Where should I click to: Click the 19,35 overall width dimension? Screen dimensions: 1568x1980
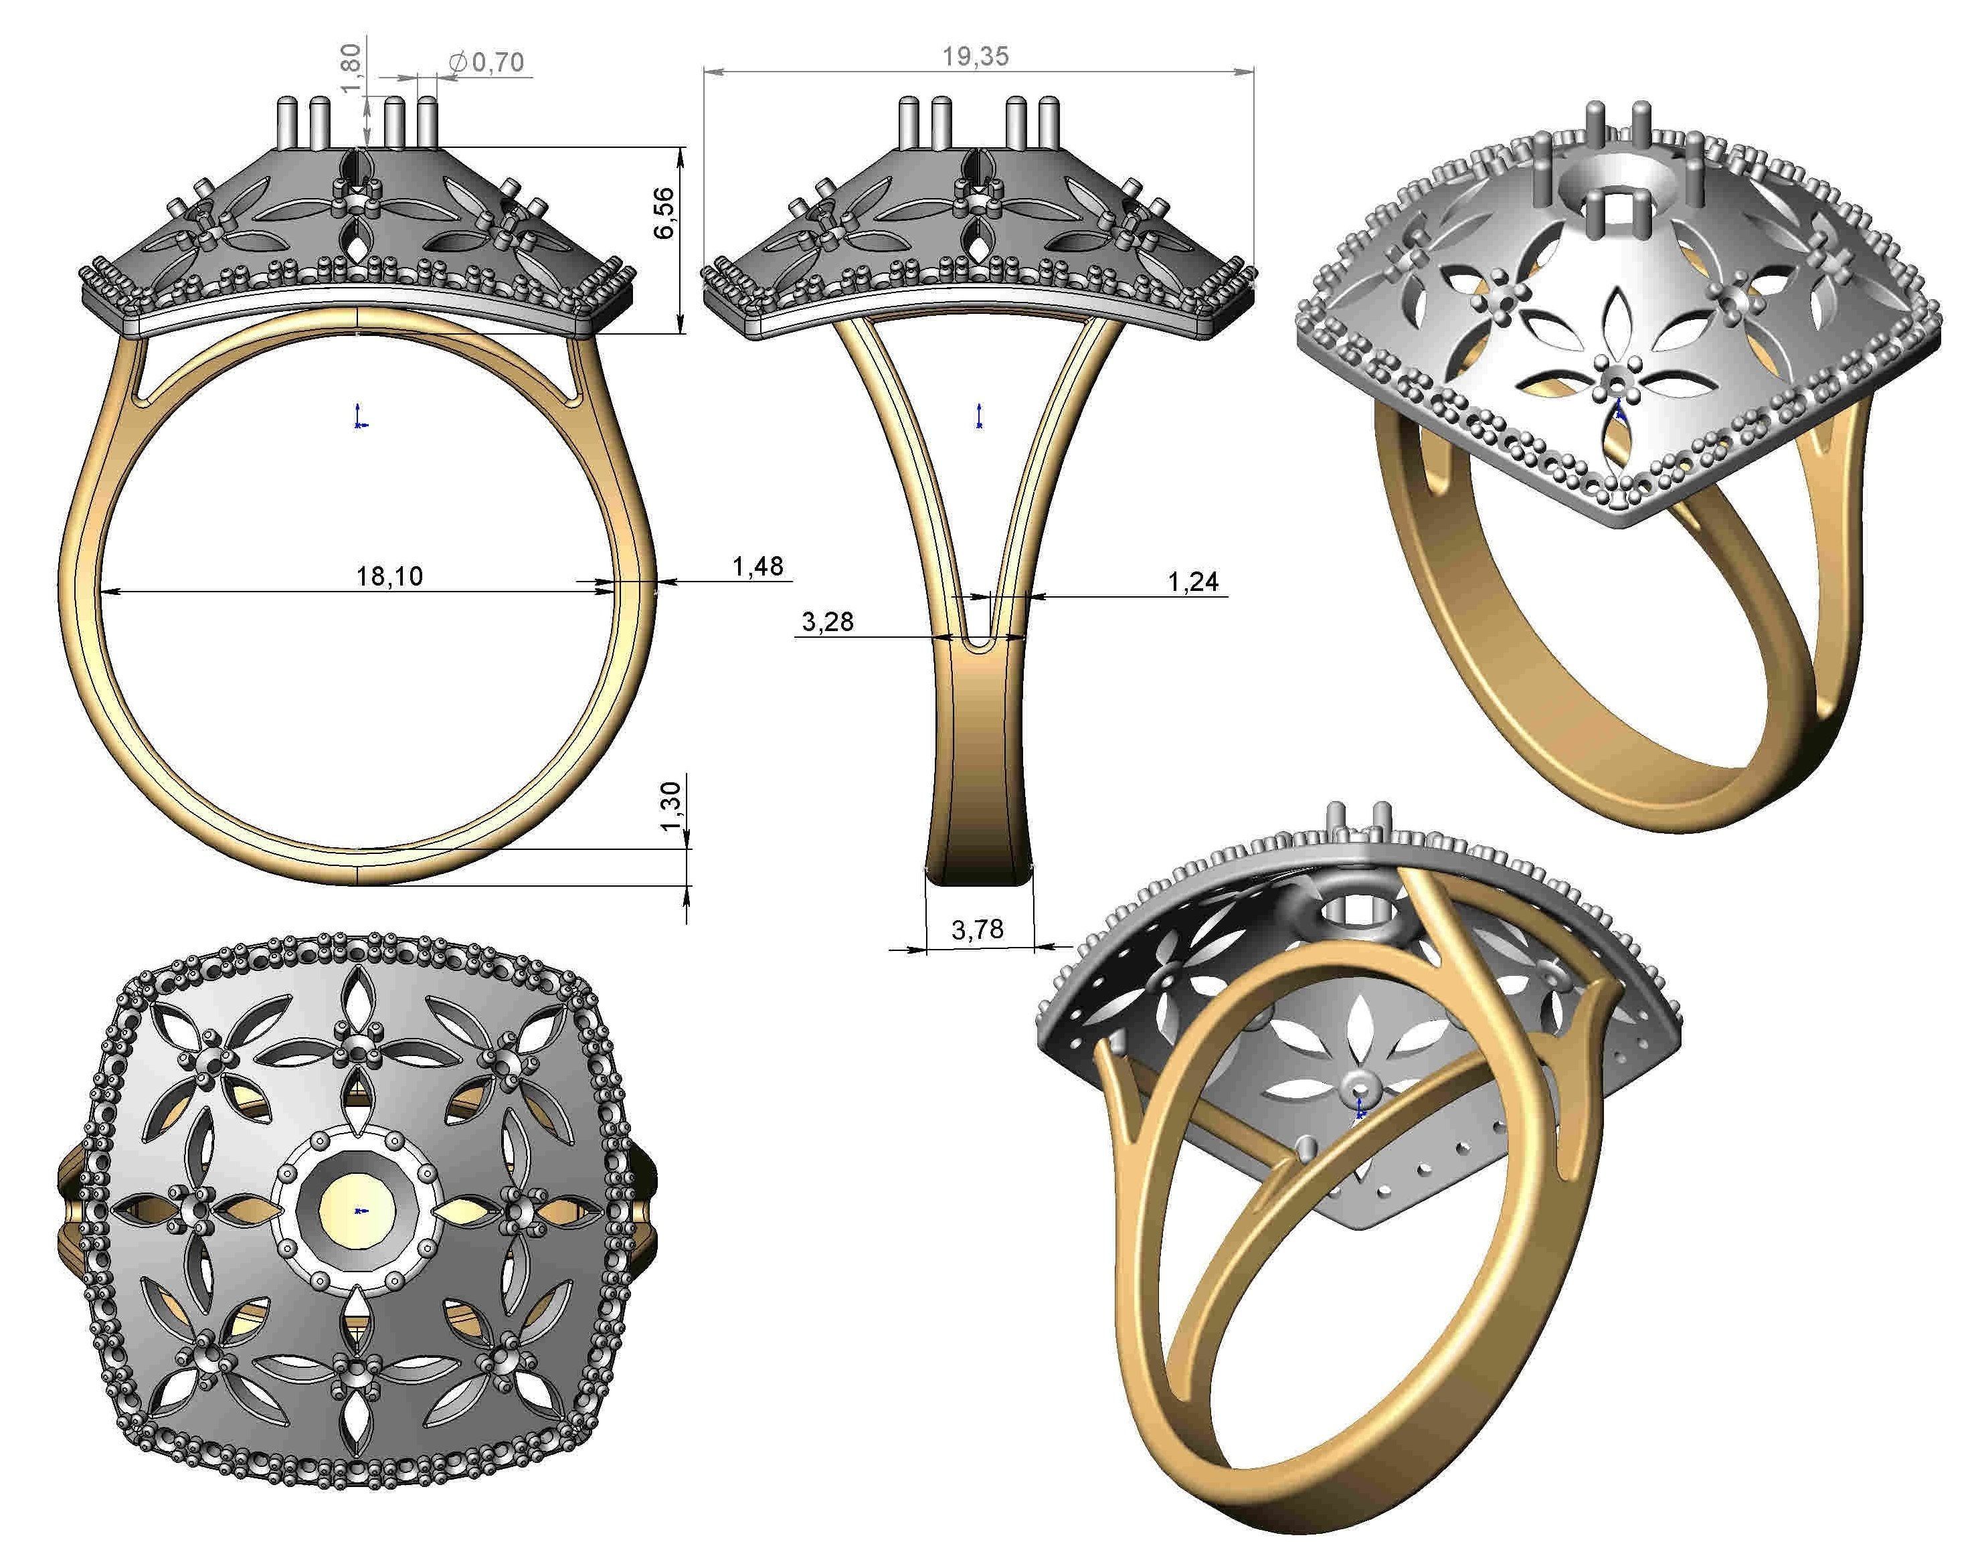click(x=975, y=57)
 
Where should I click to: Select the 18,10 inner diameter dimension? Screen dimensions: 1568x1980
click(x=389, y=576)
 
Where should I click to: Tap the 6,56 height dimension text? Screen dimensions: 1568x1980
click(x=662, y=213)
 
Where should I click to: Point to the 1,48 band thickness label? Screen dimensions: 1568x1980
click(x=757, y=566)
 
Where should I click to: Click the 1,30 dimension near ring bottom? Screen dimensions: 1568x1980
click(x=671, y=805)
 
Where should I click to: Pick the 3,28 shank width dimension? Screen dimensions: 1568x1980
click(x=827, y=622)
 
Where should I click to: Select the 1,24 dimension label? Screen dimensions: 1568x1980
click(x=1192, y=580)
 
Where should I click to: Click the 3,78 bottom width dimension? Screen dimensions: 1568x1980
click(x=977, y=930)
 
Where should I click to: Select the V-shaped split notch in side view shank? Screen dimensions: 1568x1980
click(x=980, y=634)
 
